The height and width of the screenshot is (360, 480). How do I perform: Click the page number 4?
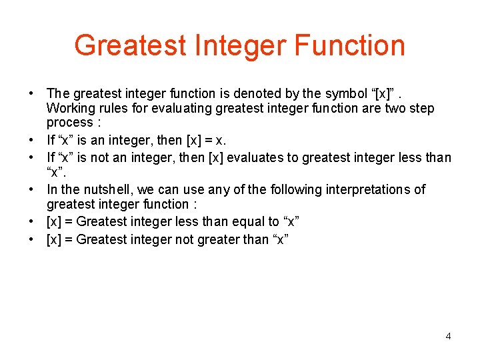pyautogui.click(x=448, y=336)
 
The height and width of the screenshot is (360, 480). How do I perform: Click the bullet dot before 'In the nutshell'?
pyautogui.click(x=31, y=190)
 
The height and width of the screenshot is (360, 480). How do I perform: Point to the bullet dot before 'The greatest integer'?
pyautogui.click(x=31, y=94)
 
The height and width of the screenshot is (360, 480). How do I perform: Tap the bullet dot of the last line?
pyautogui.click(x=31, y=239)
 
